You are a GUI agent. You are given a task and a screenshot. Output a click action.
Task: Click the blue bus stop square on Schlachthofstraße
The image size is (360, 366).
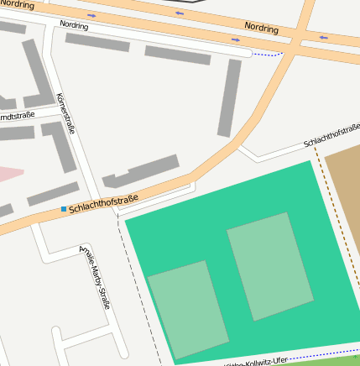(x=63, y=208)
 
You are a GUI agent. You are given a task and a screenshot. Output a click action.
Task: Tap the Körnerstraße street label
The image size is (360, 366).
(x=65, y=114)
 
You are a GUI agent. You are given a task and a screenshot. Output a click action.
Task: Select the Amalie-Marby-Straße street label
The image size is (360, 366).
(x=95, y=276)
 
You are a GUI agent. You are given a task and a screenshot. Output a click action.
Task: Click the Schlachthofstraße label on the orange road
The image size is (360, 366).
(x=103, y=201)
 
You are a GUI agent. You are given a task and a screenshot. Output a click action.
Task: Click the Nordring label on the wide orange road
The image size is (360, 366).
(x=261, y=27)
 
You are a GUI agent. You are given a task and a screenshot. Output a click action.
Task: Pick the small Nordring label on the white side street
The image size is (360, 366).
(x=74, y=25)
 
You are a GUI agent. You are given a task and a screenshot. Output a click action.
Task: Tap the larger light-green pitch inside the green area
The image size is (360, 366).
(x=270, y=266)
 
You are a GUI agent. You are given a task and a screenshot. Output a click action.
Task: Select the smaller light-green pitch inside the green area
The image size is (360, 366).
(x=188, y=309)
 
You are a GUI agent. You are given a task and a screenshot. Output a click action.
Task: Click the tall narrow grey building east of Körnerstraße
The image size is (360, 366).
(x=229, y=97)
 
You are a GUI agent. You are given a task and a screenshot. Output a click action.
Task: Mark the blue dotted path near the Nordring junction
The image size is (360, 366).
(x=269, y=55)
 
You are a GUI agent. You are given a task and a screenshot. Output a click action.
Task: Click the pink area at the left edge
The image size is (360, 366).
(x=8, y=175)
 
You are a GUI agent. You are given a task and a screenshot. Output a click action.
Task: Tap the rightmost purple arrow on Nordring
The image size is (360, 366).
(x=322, y=37)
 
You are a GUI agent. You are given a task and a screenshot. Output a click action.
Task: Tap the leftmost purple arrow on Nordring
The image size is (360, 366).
(x=91, y=15)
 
